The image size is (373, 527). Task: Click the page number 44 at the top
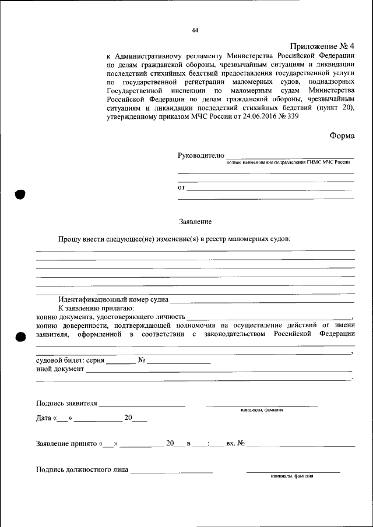tap(195, 30)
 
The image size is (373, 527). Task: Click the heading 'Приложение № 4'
tap(322, 46)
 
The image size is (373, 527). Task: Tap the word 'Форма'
tap(342, 135)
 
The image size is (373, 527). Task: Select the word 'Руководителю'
tap(200, 155)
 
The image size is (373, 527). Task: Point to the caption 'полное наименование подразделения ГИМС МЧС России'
tap(288, 162)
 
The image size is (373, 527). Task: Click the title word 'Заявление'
tap(195, 222)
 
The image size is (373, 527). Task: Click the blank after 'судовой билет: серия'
tap(121, 362)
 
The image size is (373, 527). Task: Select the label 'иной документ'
tap(59, 369)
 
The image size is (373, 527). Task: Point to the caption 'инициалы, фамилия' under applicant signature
tap(262, 409)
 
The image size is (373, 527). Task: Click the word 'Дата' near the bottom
tap(44, 418)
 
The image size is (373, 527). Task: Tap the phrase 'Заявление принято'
tap(66, 444)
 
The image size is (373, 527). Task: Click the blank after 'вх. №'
tap(300, 445)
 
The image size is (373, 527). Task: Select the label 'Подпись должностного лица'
tap(82, 469)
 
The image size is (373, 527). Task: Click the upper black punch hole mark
tap(20, 194)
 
